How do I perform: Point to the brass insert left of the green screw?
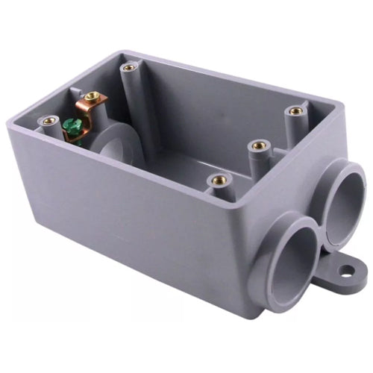[50, 119]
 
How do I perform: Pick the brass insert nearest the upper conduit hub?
[296, 111]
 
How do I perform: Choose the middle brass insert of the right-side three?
[258, 145]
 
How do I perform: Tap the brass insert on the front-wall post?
[219, 179]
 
